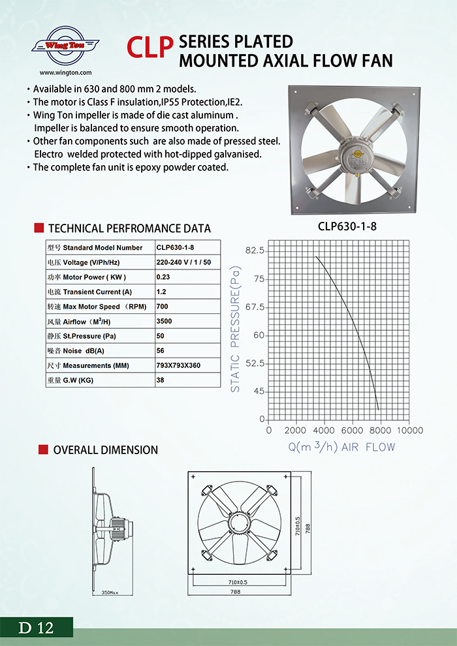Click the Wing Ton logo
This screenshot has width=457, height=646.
coord(65,46)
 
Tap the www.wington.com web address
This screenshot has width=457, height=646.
coord(65,73)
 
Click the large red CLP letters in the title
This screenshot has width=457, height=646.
coord(150,50)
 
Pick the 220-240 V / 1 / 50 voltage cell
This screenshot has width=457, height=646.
coord(183,262)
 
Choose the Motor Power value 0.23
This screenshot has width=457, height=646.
coord(163,277)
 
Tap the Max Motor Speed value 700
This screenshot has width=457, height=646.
coord(163,307)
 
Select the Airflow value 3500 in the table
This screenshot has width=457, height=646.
coord(165,322)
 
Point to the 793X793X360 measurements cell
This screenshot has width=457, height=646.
coord(178,365)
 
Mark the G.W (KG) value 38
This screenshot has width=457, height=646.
coord(161,380)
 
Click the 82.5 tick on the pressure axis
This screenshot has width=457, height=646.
coord(254,251)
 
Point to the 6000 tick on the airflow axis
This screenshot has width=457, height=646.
coord(353,431)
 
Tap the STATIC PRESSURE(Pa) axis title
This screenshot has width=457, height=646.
coord(236,329)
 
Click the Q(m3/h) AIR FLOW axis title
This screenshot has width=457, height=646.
coord(342,447)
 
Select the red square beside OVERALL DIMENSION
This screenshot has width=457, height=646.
coord(42,450)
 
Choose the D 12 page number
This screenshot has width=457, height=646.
coord(36,628)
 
